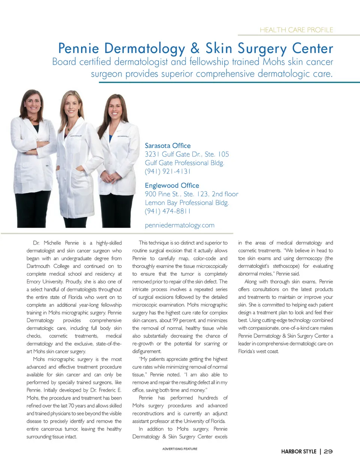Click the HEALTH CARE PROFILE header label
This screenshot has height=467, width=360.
coord(296,30)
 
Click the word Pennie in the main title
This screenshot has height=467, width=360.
coord(78,48)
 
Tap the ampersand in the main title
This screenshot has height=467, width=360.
coord(195,48)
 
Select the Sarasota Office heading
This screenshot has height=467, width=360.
coord(168,146)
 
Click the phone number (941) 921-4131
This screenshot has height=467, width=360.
coord(168,171)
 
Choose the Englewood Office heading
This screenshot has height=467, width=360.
coord(172,185)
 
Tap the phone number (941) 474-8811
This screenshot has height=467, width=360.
coord(168,211)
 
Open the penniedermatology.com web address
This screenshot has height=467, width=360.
coord(180,225)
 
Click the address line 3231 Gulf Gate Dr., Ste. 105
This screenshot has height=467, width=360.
coord(187,154)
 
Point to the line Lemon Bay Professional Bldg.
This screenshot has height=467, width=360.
coord(187,203)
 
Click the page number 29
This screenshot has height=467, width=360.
coord(328,451)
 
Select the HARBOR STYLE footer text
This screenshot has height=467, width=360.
coord(298,451)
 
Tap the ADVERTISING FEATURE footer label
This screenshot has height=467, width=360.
coord(180,449)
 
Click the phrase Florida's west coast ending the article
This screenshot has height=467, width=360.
coord(258,351)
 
